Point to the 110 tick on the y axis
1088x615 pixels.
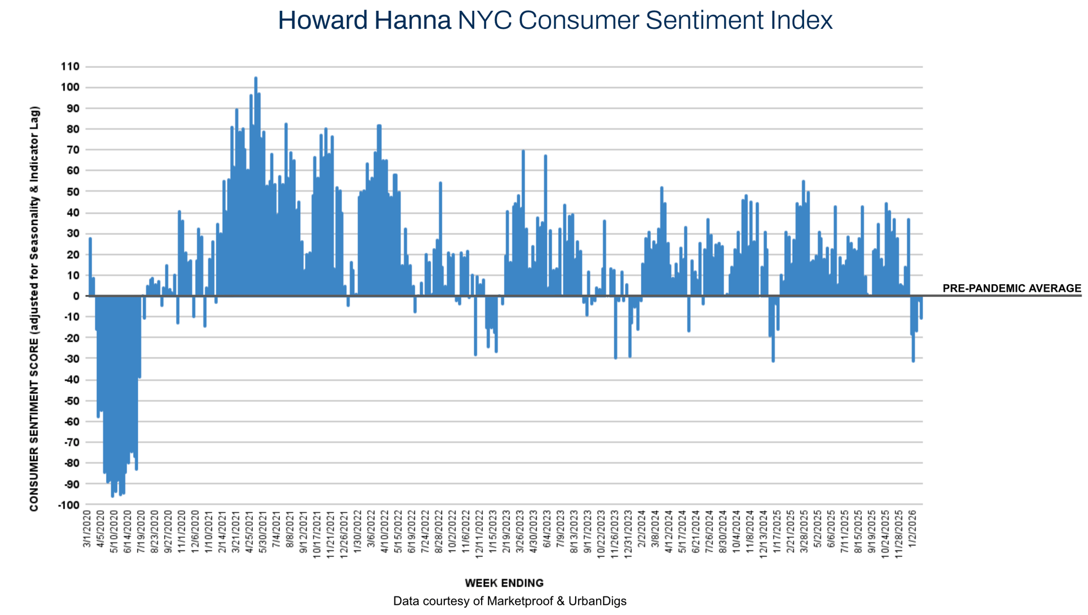(x=70, y=67)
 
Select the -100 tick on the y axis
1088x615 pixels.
(x=69, y=505)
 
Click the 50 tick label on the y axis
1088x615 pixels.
(x=73, y=192)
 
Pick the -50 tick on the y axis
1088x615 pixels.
(x=71, y=400)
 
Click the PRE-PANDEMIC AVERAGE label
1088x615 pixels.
(x=1011, y=288)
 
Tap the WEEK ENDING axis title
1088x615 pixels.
(x=504, y=583)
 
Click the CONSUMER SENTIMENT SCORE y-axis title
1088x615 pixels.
(x=35, y=309)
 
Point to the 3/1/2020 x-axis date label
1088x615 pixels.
(x=87, y=529)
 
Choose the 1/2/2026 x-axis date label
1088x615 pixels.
(x=912, y=529)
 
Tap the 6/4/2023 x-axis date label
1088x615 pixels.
(x=547, y=529)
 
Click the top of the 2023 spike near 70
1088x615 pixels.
(x=523, y=152)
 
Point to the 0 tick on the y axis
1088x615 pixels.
(x=76, y=296)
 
